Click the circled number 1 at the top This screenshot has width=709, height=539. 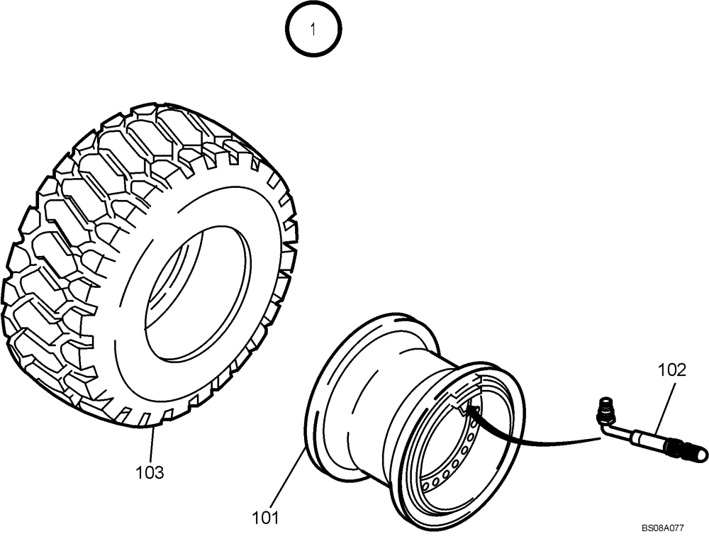[313, 30]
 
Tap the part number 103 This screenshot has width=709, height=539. [150, 472]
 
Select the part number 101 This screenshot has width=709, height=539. [266, 518]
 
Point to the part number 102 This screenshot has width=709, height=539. [672, 369]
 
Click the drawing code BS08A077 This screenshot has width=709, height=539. [663, 528]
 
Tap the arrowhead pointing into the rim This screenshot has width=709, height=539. [468, 410]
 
